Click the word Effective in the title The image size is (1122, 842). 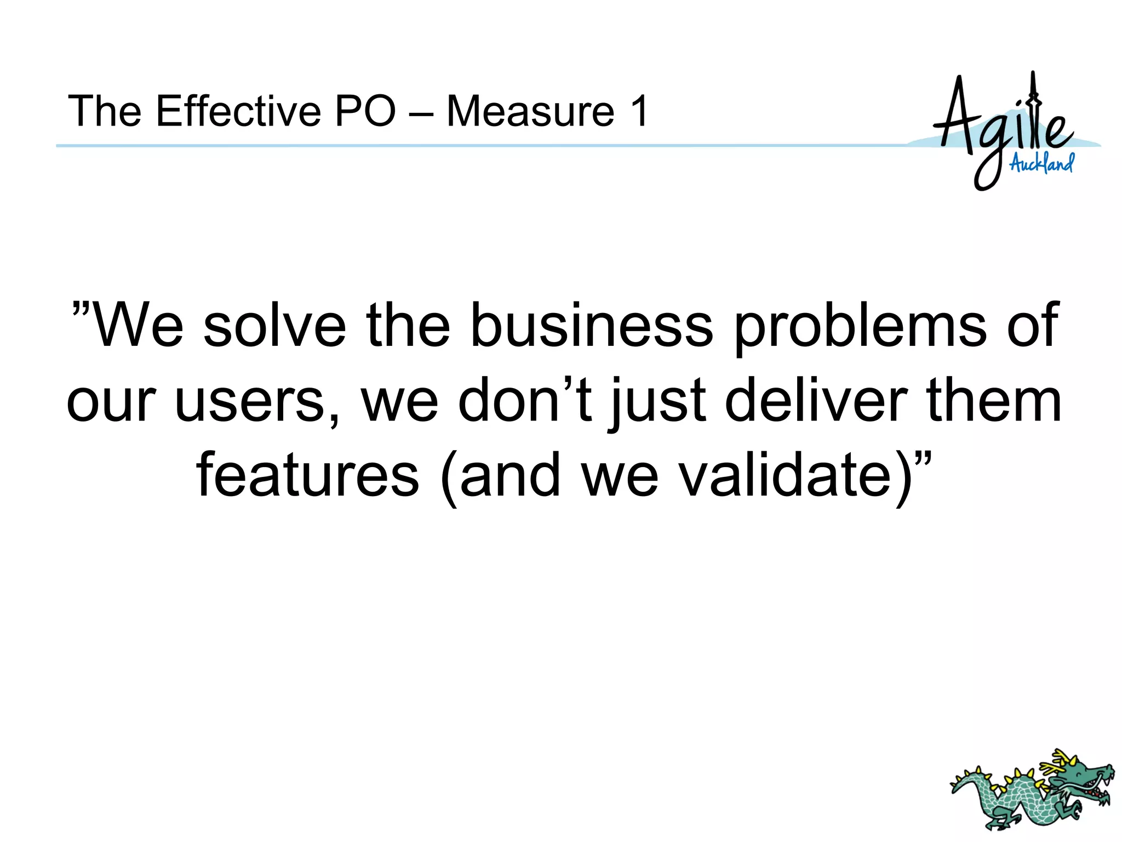pyautogui.click(x=238, y=111)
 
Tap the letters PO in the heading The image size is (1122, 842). pyautogui.click(x=365, y=111)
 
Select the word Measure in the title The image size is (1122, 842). pyautogui.click(x=530, y=111)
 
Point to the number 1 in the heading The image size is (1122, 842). pyautogui.click(x=639, y=111)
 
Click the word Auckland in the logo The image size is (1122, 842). pyautogui.click(x=1041, y=163)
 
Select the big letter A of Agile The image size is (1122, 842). pyautogui.click(x=957, y=115)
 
